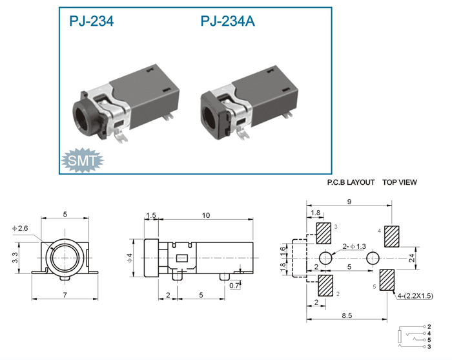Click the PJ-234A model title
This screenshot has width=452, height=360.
point(227,21)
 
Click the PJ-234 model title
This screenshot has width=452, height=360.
point(92,21)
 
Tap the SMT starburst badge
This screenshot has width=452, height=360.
point(83,160)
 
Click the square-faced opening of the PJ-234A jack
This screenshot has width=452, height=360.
point(211,116)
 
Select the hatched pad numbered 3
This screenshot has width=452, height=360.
point(324,233)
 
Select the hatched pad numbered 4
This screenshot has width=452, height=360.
point(392,237)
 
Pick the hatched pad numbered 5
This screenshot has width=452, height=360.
point(387,280)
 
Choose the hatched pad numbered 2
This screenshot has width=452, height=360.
point(325,285)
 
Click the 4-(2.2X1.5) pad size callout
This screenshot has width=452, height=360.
point(415,295)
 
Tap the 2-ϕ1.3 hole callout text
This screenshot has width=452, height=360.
point(354,246)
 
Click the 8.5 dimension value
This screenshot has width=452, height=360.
point(347,315)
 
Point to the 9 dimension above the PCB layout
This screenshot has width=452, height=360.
point(349,202)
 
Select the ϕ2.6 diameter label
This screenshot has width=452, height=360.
point(20,228)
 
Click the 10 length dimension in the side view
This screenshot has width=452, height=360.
point(206,215)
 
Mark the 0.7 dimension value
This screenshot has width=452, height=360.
point(234,286)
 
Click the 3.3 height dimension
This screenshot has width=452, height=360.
point(15,258)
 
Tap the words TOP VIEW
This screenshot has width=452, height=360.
point(400,182)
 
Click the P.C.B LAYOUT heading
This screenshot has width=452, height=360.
point(351,182)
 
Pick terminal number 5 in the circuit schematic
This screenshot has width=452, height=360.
point(429,340)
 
